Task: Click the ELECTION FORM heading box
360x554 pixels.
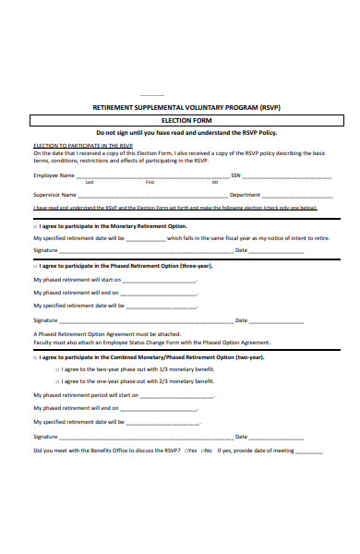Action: tap(180, 120)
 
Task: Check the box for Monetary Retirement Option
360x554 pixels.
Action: tap(35, 225)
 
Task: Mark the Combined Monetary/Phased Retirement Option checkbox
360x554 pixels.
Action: tap(35, 356)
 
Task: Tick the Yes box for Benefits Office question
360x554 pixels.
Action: tap(186, 451)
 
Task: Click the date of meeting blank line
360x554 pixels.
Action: tap(308, 452)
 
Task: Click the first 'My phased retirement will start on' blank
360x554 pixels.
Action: tap(159, 280)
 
